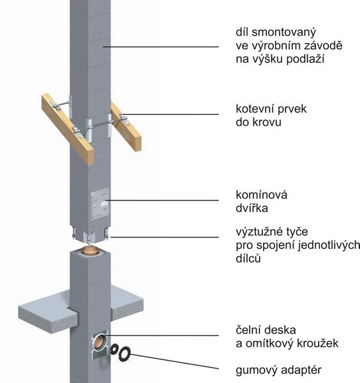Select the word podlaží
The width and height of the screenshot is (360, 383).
pos(305,59)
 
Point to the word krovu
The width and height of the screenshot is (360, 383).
pos(267,122)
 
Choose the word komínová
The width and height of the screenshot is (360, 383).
pos(262,195)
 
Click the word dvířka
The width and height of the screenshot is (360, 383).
pos(252,208)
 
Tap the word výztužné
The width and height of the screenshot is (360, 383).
pos(259,232)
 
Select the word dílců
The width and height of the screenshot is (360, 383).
pos(248,259)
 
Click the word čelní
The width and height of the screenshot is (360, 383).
pos(250,330)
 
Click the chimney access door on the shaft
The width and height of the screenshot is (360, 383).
pos(100,204)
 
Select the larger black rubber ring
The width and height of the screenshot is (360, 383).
pos(124,354)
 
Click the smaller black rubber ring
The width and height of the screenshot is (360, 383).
pos(114,349)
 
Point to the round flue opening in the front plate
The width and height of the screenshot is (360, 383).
pos(99,342)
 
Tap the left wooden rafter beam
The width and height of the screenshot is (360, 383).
pos(68,128)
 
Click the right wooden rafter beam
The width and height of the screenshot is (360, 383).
pos(126,126)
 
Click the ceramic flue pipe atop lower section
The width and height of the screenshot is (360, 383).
pos(90,250)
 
